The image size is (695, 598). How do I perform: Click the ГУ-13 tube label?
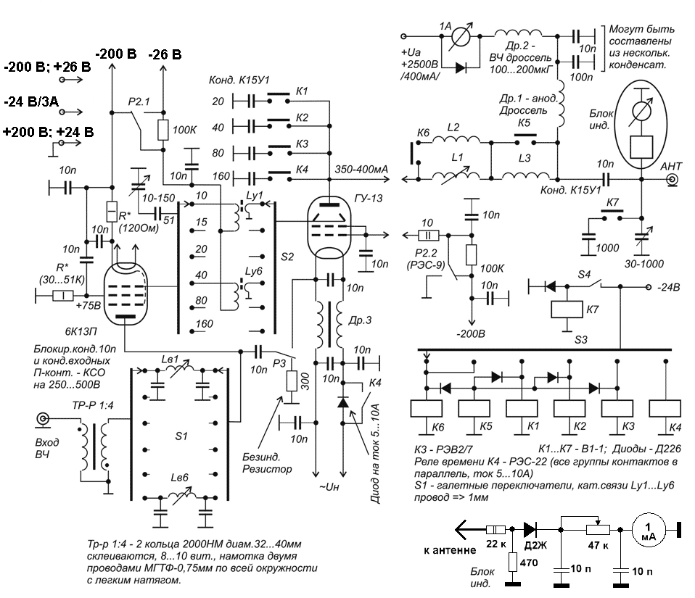click(368, 198)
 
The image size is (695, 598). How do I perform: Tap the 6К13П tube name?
click(81, 331)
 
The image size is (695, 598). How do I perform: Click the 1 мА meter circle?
click(649, 531)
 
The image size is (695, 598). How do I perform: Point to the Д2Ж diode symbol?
click(530, 529)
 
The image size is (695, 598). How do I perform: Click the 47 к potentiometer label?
click(598, 545)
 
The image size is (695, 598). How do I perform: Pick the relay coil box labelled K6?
click(427, 409)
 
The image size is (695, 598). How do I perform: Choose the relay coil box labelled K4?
click(665, 409)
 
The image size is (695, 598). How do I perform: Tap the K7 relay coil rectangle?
click(567, 310)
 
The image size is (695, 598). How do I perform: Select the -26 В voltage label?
click(165, 54)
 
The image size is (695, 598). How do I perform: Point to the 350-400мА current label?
click(361, 169)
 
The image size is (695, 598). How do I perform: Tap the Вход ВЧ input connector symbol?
click(43, 419)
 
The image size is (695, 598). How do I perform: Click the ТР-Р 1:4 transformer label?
click(93, 405)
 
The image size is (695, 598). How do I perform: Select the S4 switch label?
click(584, 275)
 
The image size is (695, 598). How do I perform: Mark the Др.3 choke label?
click(360, 320)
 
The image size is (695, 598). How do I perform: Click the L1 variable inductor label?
click(457, 157)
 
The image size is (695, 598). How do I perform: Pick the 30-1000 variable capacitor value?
click(644, 264)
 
